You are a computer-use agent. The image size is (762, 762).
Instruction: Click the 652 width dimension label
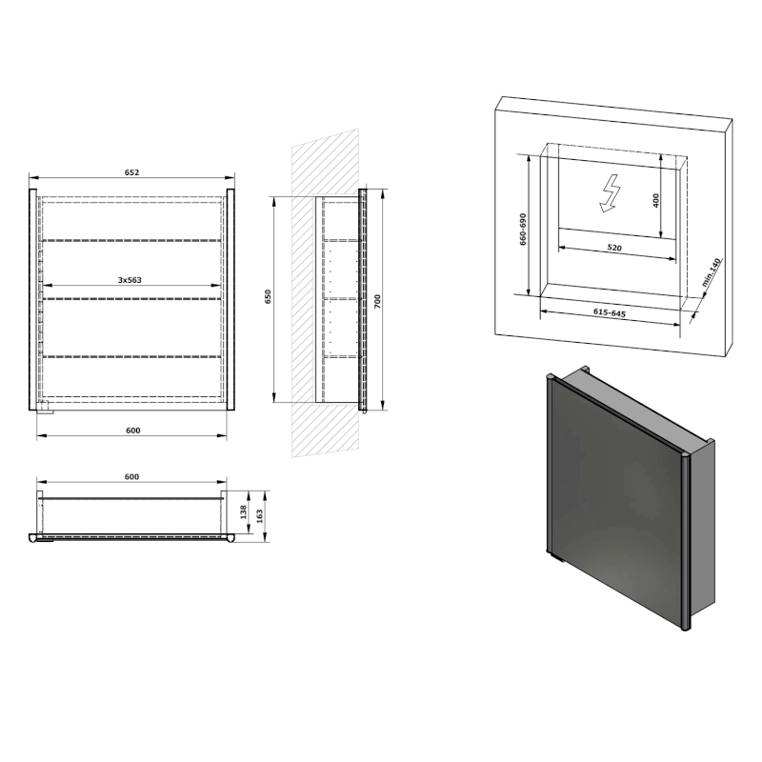tap(131, 172)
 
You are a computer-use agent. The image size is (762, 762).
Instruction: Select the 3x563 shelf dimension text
tap(130, 280)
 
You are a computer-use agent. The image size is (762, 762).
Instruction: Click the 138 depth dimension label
tap(245, 512)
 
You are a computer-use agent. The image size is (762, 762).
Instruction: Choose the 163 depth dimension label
tap(261, 515)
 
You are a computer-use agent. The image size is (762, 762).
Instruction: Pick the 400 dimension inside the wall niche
tap(656, 201)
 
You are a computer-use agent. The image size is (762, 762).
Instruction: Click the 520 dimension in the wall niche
tap(613, 248)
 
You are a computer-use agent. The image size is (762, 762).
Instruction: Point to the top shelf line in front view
tap(132, 241)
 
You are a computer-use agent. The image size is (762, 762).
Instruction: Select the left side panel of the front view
tap(33, 300)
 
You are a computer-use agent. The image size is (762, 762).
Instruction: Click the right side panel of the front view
tap(231, 300)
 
